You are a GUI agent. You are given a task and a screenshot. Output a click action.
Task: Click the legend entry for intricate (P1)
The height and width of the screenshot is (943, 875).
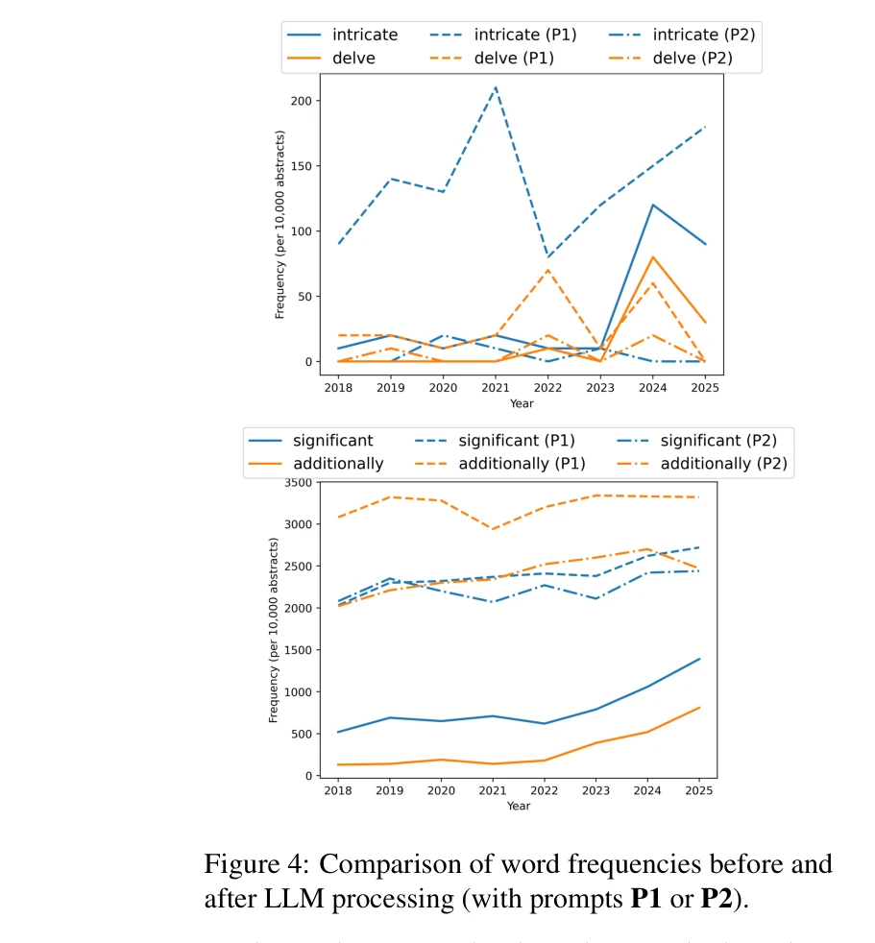[498, 35]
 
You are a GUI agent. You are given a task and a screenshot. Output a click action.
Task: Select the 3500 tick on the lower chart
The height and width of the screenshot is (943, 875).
[296, 482]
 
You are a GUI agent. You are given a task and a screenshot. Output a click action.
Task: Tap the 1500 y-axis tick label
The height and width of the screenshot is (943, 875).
[296, 650]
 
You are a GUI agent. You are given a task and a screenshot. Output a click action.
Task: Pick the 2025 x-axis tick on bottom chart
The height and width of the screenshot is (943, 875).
[698, 789]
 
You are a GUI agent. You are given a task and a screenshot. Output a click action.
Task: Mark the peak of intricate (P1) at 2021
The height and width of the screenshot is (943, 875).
[496, 87]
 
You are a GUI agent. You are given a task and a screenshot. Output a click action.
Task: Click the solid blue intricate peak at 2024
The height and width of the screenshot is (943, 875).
[652, 205]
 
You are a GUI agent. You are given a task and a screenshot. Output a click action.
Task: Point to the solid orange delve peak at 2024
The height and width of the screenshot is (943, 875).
[652, 256]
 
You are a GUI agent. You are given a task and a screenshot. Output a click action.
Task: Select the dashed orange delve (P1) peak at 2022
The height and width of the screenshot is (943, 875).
[547, 270]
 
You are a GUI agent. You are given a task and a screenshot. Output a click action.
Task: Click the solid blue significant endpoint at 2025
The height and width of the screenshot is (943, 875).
[698, 659]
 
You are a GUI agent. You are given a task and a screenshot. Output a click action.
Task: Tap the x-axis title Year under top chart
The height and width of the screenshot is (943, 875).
[522, 403]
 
